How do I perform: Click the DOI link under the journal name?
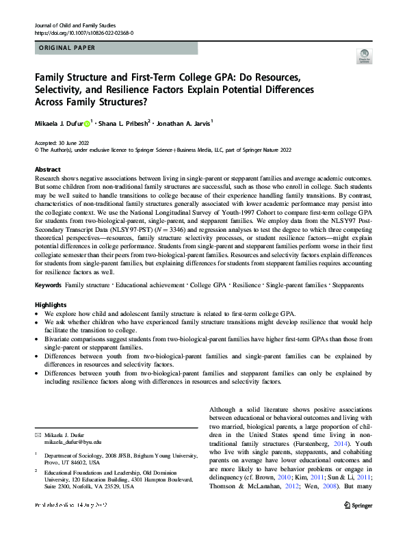83,33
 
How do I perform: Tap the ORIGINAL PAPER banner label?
66,49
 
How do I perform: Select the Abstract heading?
48,169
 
